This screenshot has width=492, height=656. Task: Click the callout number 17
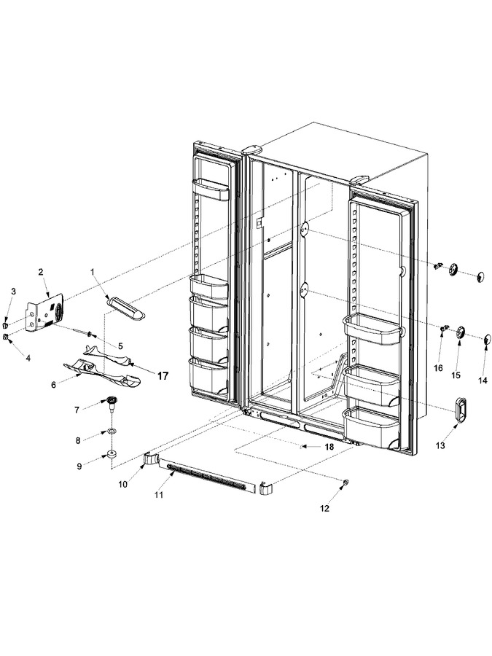[163, 376]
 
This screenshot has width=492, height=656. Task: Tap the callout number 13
[440, 446]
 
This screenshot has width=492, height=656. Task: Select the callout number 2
[41, 272]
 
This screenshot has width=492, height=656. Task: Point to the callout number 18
[329, 447]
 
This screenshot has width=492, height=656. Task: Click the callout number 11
[158, 495]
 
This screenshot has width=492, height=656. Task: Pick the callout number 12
[324, 509]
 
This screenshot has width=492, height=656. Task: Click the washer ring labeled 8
[112, 431]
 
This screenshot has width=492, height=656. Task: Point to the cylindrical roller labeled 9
[112, 455]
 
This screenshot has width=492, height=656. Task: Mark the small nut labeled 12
[345, 483]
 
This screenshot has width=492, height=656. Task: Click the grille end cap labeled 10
[150, 459]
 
